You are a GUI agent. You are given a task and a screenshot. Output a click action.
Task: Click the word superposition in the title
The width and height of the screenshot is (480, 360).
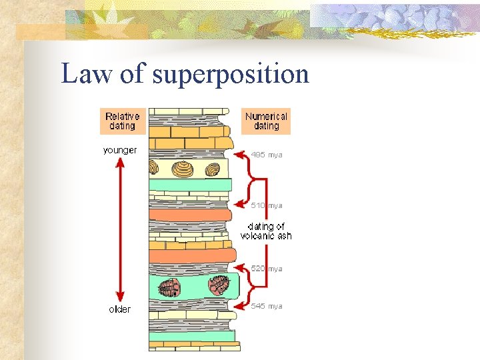coord(231,75)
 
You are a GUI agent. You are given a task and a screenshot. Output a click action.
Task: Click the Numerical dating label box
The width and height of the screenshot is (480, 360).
coord(266,121)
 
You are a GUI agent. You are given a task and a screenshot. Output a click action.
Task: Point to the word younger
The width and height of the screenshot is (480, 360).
coord(120,150)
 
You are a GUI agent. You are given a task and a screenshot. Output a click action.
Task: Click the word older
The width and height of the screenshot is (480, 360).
coord(120,309)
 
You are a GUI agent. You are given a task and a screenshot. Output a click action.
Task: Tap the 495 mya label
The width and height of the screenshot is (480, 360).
coord(267,155)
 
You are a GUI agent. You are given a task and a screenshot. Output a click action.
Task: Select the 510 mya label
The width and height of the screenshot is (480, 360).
coord(267,205)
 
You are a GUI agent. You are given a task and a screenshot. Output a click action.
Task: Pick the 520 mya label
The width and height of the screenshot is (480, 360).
coord(267,269)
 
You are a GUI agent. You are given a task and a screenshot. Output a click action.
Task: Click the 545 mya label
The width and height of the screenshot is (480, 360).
coord(267,306)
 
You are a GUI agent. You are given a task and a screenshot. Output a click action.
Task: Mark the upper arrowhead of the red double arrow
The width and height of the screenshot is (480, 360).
coord(120,163)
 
